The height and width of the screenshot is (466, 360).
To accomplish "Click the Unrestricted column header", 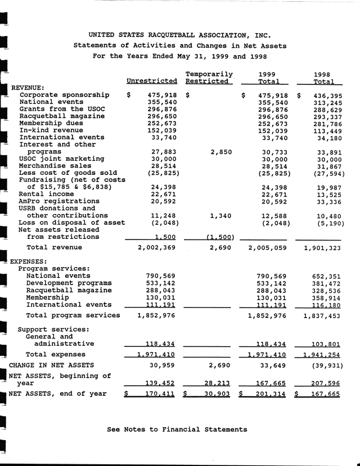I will coord(152,82).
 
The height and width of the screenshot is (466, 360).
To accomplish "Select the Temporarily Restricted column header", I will coord(209,78).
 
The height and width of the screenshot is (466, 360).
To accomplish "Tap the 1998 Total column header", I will coord(328,78).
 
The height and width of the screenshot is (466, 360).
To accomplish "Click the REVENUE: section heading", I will coord(28,88).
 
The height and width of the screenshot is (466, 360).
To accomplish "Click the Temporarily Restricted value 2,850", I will coord(221,152).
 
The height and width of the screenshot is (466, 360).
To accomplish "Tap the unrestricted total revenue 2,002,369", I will coord(157,247).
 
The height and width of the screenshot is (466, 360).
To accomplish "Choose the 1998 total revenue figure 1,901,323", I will coord(322,247).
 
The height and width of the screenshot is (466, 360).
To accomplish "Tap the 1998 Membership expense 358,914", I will coord(329,297).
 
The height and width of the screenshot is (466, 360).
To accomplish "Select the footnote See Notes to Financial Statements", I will coord(177,429).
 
